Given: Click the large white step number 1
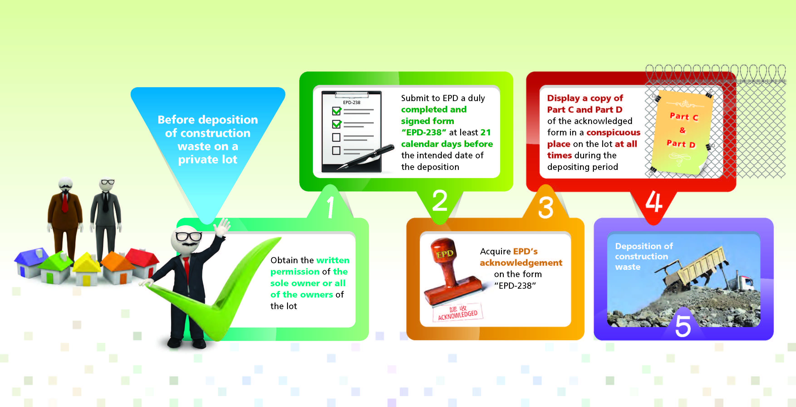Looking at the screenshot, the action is [x=330, y=207].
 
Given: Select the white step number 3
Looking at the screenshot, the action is [x=546, y=208].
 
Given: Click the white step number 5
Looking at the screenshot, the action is [x=683, y=326].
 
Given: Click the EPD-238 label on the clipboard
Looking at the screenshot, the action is [x=352, y=102].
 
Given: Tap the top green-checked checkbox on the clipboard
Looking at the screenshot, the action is [x=337, y=110].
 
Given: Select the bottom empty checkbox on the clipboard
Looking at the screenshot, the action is [x=336, y=151].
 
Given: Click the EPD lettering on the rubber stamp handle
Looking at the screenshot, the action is [x=445, y=254].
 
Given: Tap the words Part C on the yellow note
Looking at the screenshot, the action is [x=684, y=117].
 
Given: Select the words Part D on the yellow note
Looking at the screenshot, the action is [x=681, y=144].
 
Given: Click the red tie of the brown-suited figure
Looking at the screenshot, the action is [x=65, y=202].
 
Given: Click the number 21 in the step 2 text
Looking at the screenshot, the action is [x=485, y=132].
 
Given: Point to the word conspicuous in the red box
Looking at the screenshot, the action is [x=613, y=133].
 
